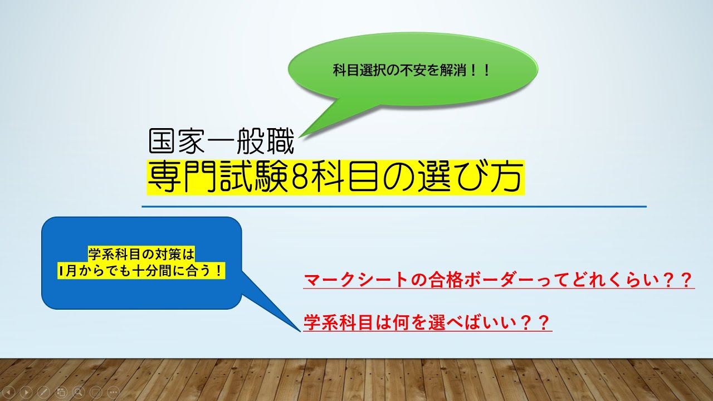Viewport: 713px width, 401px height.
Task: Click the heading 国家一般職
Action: (221, 142)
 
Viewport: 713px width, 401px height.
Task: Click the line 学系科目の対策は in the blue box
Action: (141, 255)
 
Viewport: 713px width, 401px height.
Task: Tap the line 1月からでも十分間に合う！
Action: (141, 271)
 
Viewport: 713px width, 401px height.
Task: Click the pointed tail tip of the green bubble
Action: (300, 137)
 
